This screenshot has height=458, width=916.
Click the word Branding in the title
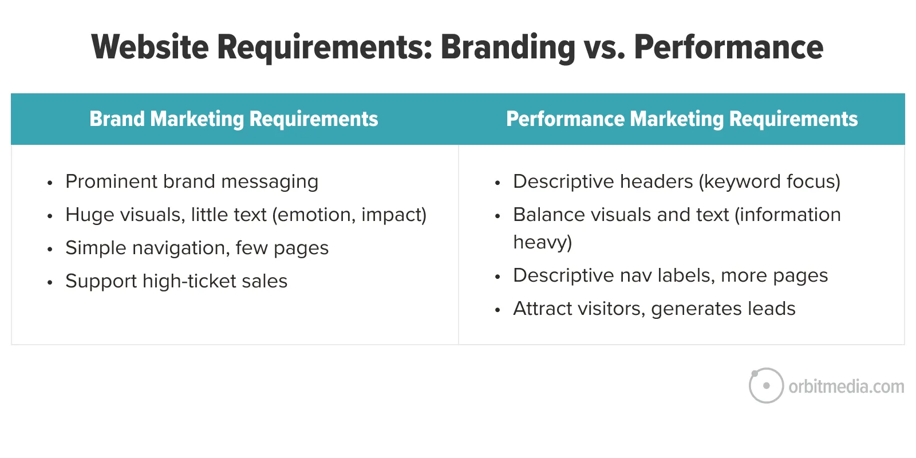pos(508,48)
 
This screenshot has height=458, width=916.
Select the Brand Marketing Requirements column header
pos(234,120)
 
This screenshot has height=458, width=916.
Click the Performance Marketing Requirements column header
pos(682,120)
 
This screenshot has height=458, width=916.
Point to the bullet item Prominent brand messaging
pos(192,181)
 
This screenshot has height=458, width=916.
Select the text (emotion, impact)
pos(350,215)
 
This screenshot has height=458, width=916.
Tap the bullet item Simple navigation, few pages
pos(197,248)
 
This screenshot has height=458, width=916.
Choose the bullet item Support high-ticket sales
pos(177,281)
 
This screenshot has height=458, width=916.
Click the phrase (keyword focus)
pos(769,181)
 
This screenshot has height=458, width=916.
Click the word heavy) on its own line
pos(543,242)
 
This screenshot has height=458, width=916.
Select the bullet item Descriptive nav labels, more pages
pos(670,275)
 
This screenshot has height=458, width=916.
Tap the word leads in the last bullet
pos(772,309)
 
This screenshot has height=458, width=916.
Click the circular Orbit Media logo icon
pos(766,386)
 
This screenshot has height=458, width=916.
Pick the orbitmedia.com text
pos(847,386)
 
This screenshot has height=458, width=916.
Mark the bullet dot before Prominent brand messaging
pos(50,183)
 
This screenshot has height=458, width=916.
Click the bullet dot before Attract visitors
pos(498,310)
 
